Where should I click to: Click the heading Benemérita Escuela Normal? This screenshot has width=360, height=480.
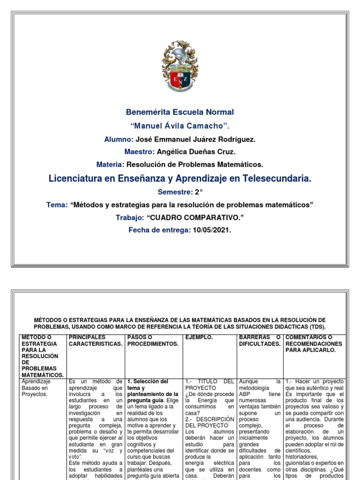pos(180,112)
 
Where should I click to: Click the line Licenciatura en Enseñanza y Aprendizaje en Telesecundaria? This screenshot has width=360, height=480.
pos(180,179)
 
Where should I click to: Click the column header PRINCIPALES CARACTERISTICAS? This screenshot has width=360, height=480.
pos(96,341)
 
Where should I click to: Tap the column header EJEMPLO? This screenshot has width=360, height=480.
pos(199,337)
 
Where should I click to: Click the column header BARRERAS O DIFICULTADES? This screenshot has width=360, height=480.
pos(259,341)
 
